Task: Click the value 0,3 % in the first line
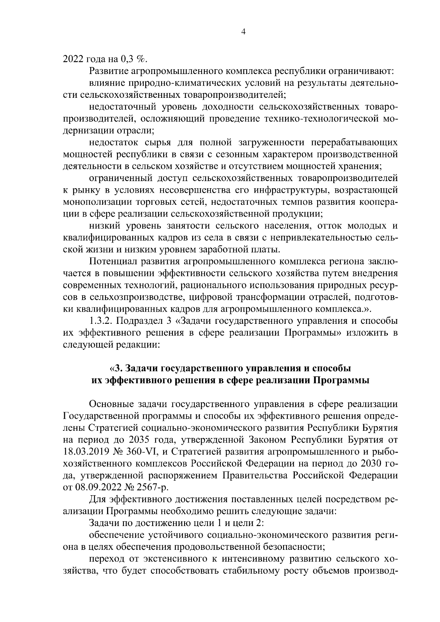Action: click(x=133, y=59)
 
